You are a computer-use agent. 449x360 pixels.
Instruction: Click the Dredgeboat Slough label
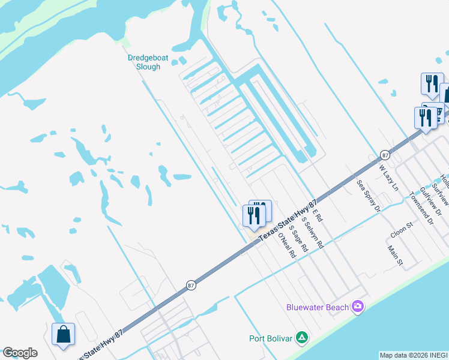click(145, 62)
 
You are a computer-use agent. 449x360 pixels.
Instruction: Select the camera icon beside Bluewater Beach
click(358, 307)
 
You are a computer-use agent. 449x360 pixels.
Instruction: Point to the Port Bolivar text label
click(271, 338)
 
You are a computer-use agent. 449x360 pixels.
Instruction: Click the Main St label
click(394, 255)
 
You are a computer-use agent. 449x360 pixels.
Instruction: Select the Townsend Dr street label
click(421, 207)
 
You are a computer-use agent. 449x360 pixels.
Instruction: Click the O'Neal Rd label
click(287, 245)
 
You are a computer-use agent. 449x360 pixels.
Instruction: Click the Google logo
click(20, 353)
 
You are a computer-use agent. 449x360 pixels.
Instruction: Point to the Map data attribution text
click(414, 355)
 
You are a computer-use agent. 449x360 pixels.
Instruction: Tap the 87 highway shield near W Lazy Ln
click(384, 155)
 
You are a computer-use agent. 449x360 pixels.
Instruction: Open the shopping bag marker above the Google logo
click(63, 335)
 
